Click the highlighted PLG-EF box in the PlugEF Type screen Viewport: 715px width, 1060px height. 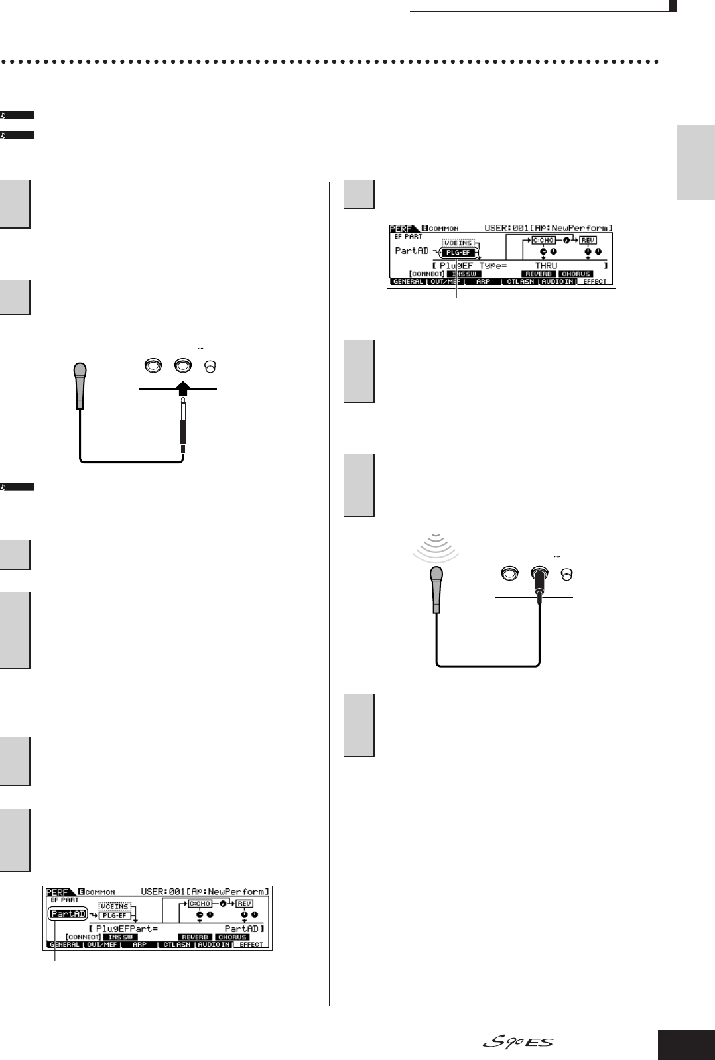coord(458,253)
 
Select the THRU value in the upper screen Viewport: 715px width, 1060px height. coord(546,265)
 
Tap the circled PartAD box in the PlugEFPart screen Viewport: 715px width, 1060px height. coord(68,914)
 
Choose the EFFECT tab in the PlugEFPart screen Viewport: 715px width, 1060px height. coord(251,945)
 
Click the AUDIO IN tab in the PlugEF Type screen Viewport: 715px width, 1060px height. coord(557,282)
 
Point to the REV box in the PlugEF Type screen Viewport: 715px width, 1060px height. coord(588,240)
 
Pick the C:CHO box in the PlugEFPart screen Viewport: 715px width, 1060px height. coord(200,904)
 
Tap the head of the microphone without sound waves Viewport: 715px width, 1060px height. coord(80,372)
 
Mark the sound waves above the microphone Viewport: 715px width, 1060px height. coord(435,548)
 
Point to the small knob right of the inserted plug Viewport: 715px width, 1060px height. coord(566,575)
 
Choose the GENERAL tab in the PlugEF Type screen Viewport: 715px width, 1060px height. coord(408,282)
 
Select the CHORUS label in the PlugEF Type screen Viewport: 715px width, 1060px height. coord(576,274)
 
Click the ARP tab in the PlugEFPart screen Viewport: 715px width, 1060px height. coord(139,945)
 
